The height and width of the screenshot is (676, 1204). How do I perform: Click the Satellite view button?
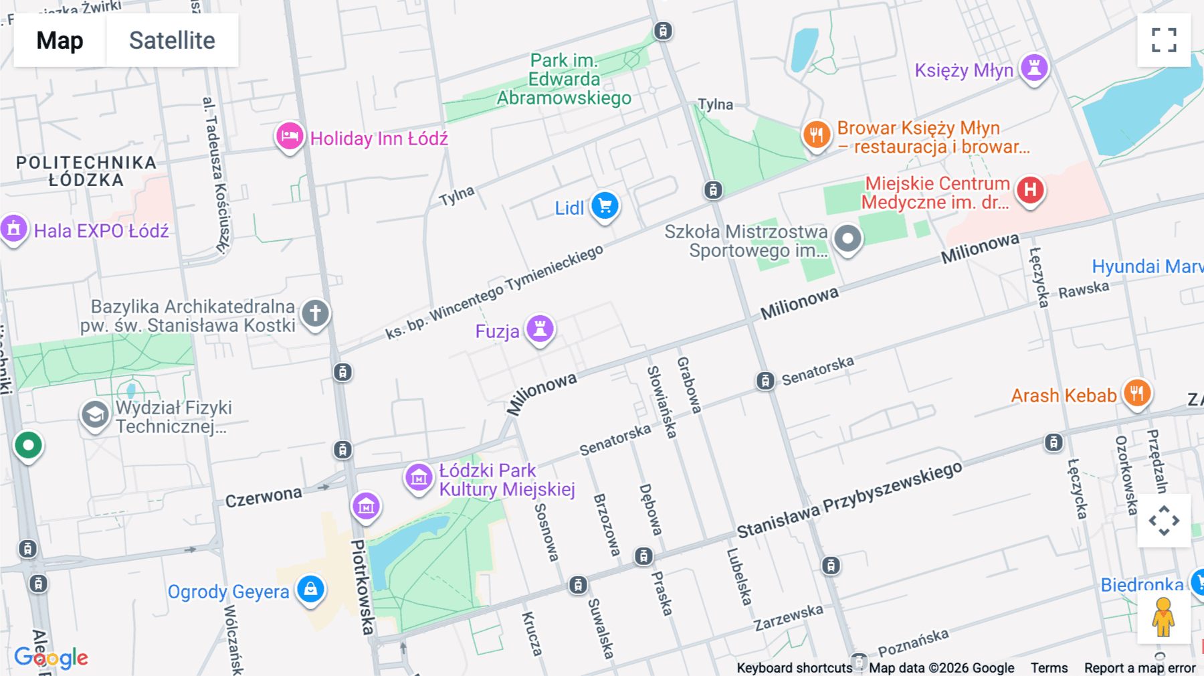(x=172, y=40)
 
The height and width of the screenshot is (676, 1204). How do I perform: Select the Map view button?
(x=60, y=40)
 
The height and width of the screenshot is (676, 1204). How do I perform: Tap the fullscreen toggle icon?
(x=1164, y=40)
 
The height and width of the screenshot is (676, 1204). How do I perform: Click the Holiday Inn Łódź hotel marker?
(x=290, y=137)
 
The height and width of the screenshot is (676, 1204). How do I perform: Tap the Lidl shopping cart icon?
(x=605, y=206)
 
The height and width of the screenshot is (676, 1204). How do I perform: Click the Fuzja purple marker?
(x=540, y=329)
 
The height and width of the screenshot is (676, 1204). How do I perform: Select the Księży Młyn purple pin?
(x=1034, y=68)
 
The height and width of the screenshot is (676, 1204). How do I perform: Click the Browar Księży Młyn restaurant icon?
(x=816, y=135)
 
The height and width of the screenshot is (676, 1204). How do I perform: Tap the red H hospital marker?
(x=1030, y=190)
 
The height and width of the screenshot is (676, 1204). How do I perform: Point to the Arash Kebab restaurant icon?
(x=1137, y=393)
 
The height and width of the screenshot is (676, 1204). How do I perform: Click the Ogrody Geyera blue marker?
(x=310, y=590)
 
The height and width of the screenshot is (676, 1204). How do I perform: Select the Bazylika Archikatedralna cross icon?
(x=315, y=313)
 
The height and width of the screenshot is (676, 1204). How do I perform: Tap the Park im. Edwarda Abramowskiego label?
(x=564, y=79)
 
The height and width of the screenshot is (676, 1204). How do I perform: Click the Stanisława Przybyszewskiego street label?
(x=849, y=500)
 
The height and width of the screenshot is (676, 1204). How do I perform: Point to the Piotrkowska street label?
(x=362, y=587)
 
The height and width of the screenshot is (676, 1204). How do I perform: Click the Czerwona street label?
(x=264, y=497)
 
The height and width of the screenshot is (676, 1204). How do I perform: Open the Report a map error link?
(x=1139, y=668)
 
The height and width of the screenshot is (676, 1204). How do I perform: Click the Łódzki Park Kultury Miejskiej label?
(x=506, y=480)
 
